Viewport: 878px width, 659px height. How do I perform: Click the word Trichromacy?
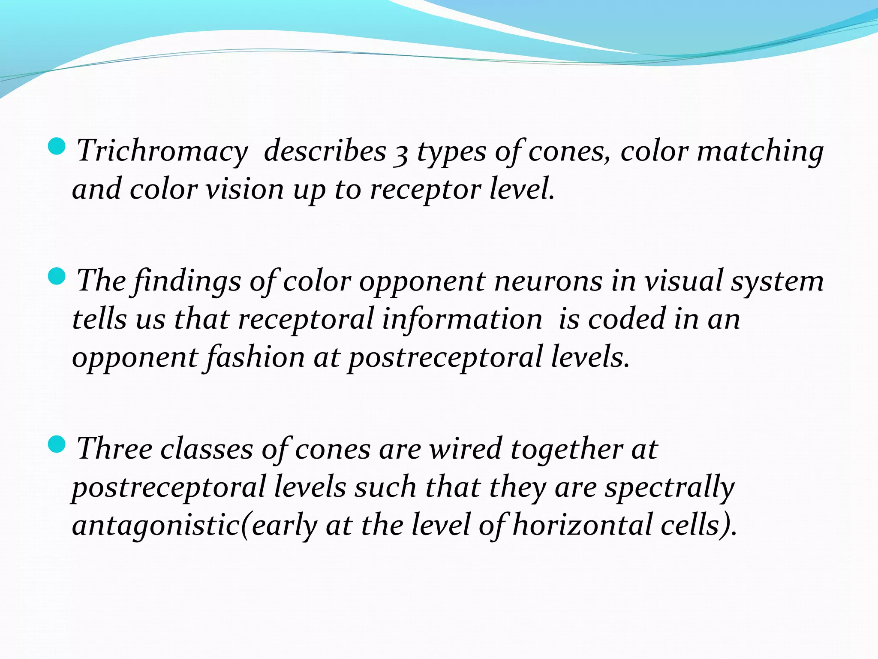coord(162,151)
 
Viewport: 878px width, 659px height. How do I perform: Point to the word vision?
coord(244,190)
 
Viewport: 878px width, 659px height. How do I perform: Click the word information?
coord(462,319)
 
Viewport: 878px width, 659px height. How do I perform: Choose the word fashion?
coord(256,357)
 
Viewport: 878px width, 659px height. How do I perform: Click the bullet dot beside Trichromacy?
coord(57,146)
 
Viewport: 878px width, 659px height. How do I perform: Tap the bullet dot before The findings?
coord(57,276)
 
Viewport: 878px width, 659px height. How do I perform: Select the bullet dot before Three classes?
coord(57,444)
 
